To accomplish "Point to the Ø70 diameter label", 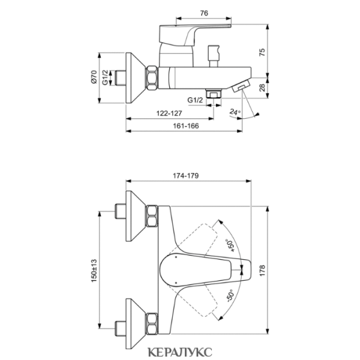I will pyautogui.click(x=95, y=78).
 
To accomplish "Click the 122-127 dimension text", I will pyautogui.click(x=170, y=113).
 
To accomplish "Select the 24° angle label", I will pyautogui.click(x=235, y=110).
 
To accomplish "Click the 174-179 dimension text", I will pyautogui.click(x=185, y=175).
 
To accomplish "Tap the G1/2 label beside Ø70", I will pyautogui.click(x=104, y=78).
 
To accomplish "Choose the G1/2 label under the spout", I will pyautogui.click(x=196, y=100).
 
